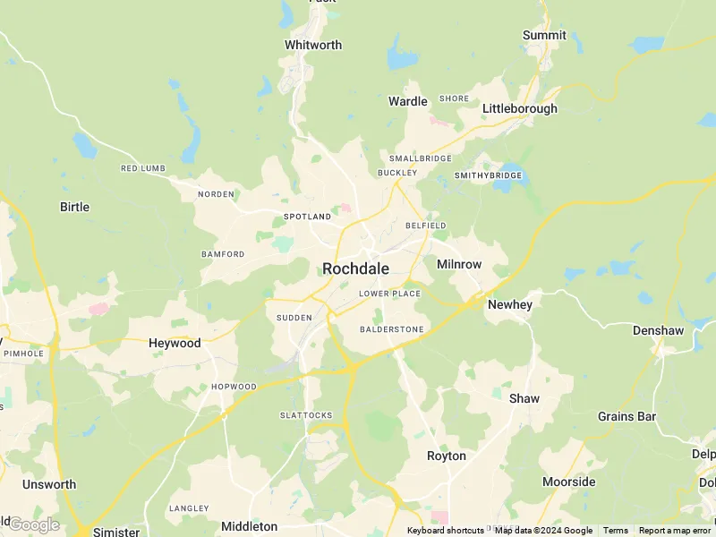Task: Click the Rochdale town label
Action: pos(355,268)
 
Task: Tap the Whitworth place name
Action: pos(313,45)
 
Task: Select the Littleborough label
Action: pos(519,108)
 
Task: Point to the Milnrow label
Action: pos(459,264)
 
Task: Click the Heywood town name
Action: pos(175,343)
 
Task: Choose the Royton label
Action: pos(446,456)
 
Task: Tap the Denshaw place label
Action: pos(658,330)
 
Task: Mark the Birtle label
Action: pos(74,207)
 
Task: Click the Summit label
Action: pos(544,35)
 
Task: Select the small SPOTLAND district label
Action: pos(307,217)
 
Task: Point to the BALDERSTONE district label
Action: pos(391,329)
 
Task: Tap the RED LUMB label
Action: pos(143,168)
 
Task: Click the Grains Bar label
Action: pos(626,416)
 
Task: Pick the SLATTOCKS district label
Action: pos(306,415)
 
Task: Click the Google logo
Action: pos(33,524)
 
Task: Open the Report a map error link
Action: pos(674,531)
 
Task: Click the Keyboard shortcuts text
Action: pos(445,531)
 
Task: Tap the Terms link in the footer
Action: pos(615,531)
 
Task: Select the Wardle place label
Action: pos(407,101)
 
